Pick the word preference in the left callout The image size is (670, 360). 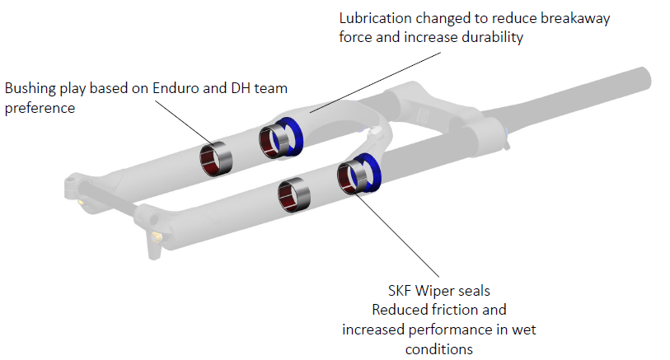[x=39, y=107]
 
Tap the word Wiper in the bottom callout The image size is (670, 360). [x=438, y=292]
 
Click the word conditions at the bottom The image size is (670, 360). [x=438, y=348]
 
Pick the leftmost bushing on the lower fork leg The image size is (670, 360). [x=293, y=194]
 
